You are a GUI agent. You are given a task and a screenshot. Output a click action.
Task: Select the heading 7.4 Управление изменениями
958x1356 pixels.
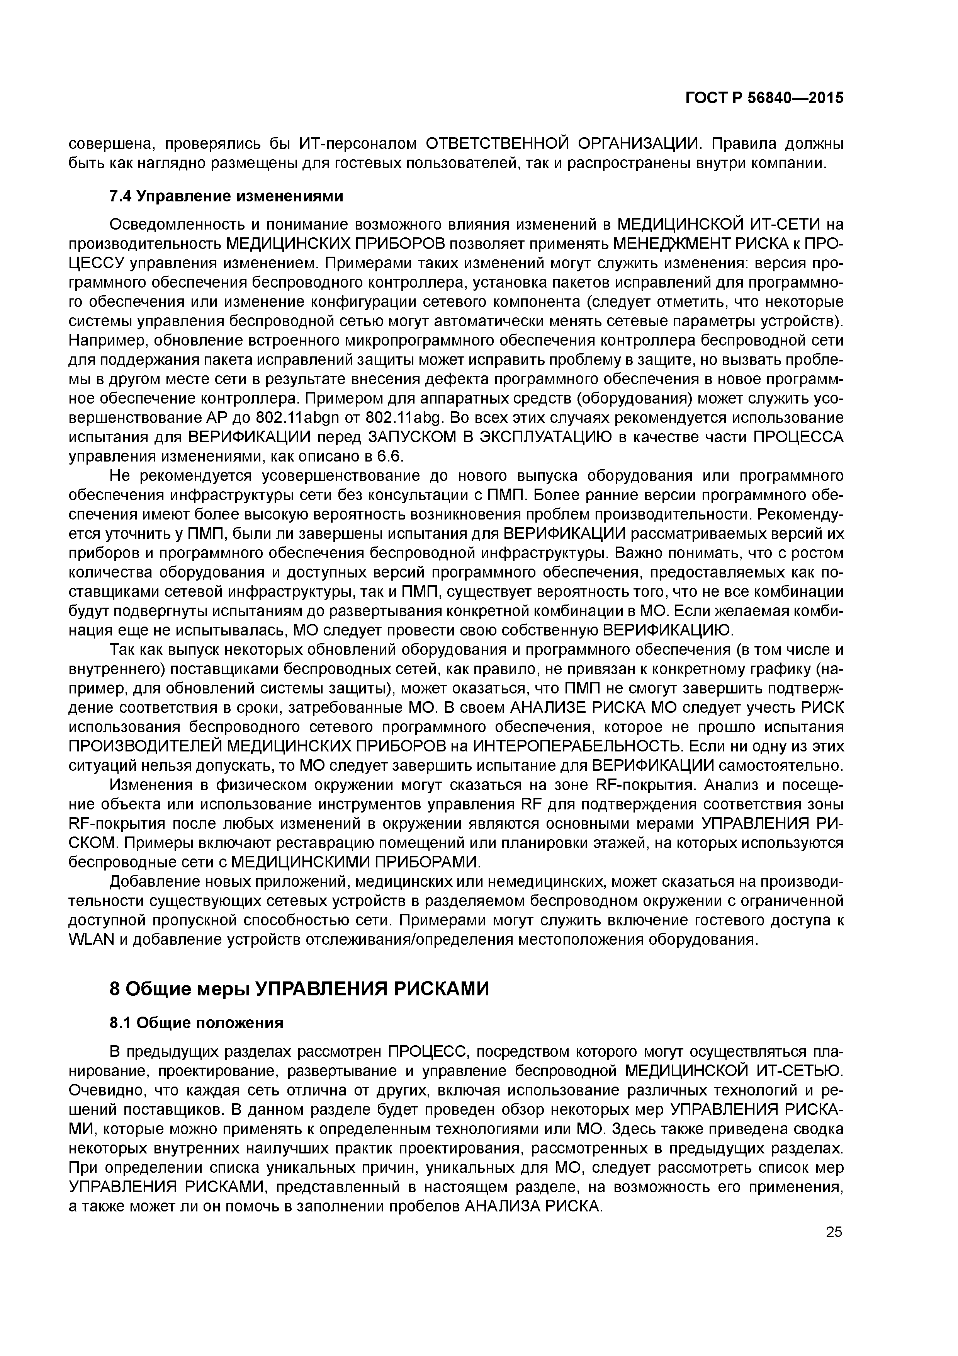(x=226, y=196)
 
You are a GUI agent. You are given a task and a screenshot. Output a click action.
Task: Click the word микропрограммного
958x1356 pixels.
(x=395, y=341)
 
